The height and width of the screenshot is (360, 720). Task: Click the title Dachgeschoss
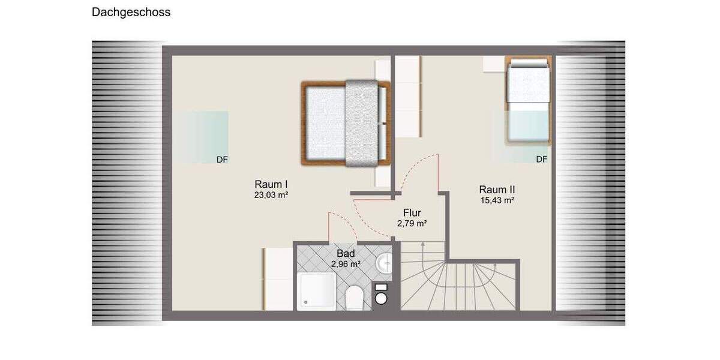coord(131,12)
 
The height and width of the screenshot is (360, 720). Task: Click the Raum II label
coord(497,189)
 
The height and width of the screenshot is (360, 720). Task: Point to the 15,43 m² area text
coord(497,200)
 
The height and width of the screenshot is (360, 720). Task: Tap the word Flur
coord(412,212)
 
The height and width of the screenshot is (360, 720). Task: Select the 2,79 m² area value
coord(412,223)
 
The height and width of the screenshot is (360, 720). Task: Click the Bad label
coord(346,253)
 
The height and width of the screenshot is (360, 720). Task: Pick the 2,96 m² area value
coord(346,263)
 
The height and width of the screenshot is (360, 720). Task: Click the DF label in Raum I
coord(223,160)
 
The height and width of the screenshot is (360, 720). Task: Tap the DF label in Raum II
coord(542,160)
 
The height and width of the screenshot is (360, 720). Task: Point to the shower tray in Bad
coord(317,291)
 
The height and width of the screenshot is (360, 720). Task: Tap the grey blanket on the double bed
coord(361,123)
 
